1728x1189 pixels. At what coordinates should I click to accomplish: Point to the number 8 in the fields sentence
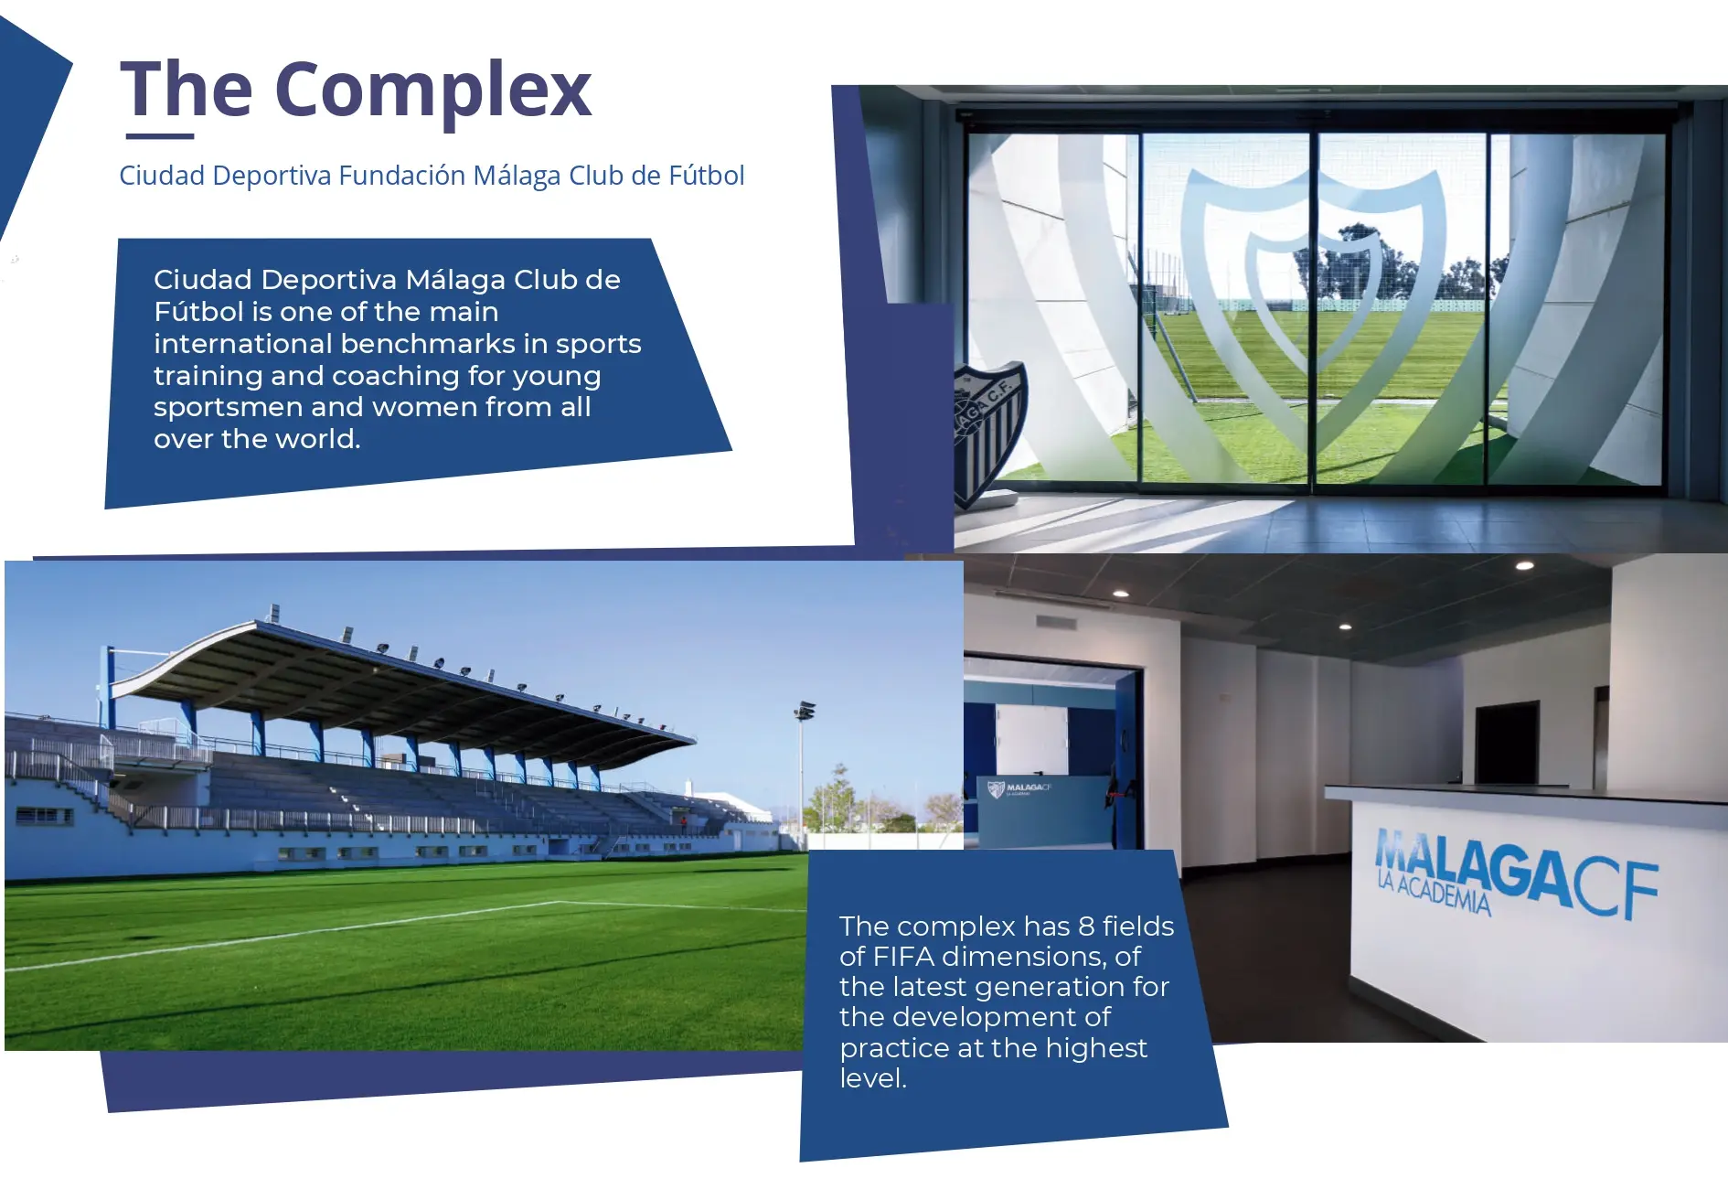click(x=1086, y=927)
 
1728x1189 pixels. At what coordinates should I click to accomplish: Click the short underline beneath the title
click(x=160, y=136)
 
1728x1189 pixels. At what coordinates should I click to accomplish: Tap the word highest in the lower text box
click(x=1096, y=1048)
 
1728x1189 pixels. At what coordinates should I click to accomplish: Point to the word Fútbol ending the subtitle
click(x=707, y=175)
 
